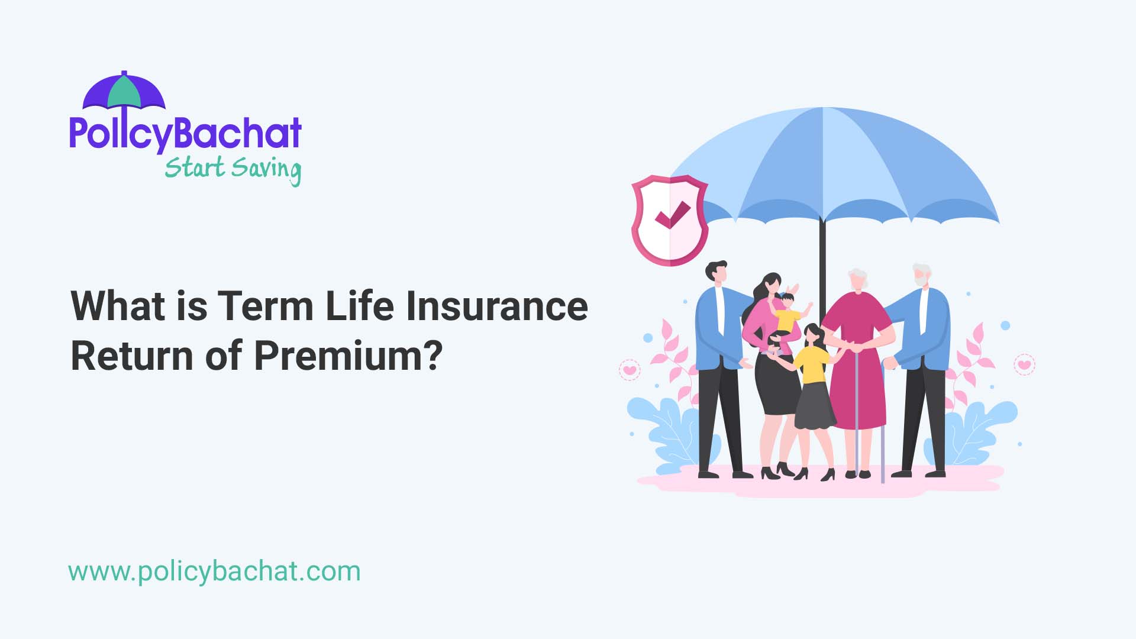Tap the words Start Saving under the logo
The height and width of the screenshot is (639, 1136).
click(x=233, y=169)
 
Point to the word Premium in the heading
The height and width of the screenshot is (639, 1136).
click(x=348, y=356)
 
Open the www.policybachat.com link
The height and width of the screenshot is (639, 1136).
click(x=214, y=572)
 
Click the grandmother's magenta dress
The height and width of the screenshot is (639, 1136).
click(x=858, y=367)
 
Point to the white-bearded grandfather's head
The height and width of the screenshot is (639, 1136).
click(x=921, y=276)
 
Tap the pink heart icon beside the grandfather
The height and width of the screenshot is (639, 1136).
click(x=1024, y=364)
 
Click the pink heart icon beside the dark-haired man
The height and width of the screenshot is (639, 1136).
click(x=630, y=370)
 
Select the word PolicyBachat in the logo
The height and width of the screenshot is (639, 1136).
click(x=185, y=134)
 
